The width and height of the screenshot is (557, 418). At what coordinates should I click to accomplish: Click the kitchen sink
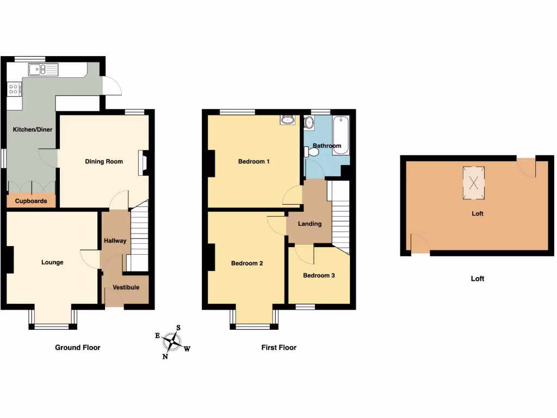pos(44,69)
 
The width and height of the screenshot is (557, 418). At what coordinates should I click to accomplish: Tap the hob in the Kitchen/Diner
pos(14,89)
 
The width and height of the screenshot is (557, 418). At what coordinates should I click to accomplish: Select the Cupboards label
pos(31,201)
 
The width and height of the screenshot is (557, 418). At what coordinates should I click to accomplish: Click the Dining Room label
pos(104,162)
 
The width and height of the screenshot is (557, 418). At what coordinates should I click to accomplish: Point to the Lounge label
pos(52,262)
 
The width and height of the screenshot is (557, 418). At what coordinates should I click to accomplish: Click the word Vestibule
pos(126,287)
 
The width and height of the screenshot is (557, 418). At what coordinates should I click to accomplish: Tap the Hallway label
pos(115,241)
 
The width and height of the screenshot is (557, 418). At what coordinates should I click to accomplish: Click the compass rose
pos(173,342)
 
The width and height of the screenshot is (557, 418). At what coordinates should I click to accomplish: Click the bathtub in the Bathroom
pos(341,136)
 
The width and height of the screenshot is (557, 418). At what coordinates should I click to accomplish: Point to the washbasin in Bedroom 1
pos(287,120)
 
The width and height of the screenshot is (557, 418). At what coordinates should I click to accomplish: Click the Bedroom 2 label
pos(247,263)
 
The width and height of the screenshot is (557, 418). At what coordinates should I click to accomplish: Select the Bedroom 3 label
pos(319,275)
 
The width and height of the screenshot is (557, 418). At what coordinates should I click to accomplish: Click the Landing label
pos(310,224)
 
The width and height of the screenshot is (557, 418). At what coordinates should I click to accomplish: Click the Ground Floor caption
pos(78,347)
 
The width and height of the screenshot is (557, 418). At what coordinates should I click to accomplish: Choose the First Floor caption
pos(279,347)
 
